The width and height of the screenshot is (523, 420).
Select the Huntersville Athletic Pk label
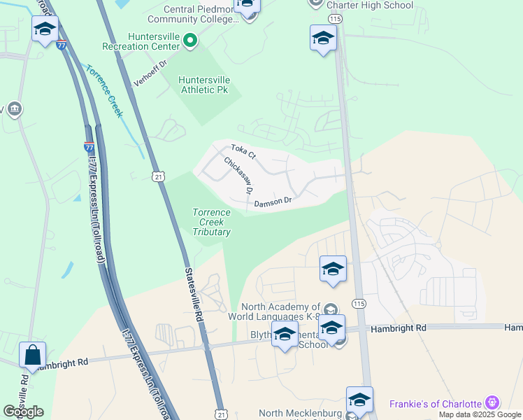(x=203, y=85)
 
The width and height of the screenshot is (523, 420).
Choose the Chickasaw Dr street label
(x=238, y=174)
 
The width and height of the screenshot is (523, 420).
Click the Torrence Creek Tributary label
(x=211, y=222)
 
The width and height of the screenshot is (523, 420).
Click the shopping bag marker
(x=33, y=355)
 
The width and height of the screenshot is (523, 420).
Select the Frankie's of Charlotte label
(x=436, y=404)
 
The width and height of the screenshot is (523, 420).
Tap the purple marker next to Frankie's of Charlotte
(x=493, y=403)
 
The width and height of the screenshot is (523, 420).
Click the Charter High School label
(x=369, y=6)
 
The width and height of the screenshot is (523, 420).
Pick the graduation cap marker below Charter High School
(x=323, y=38)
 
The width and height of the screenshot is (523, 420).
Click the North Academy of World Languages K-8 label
(x=282, y=312)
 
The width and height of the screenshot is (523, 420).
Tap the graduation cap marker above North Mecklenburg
(x=359, y=400)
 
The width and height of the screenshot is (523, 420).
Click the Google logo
(x=23, y=412)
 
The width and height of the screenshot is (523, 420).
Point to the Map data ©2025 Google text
(x=480, y=414)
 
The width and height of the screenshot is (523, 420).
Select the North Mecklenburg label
(x=301, y=414)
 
